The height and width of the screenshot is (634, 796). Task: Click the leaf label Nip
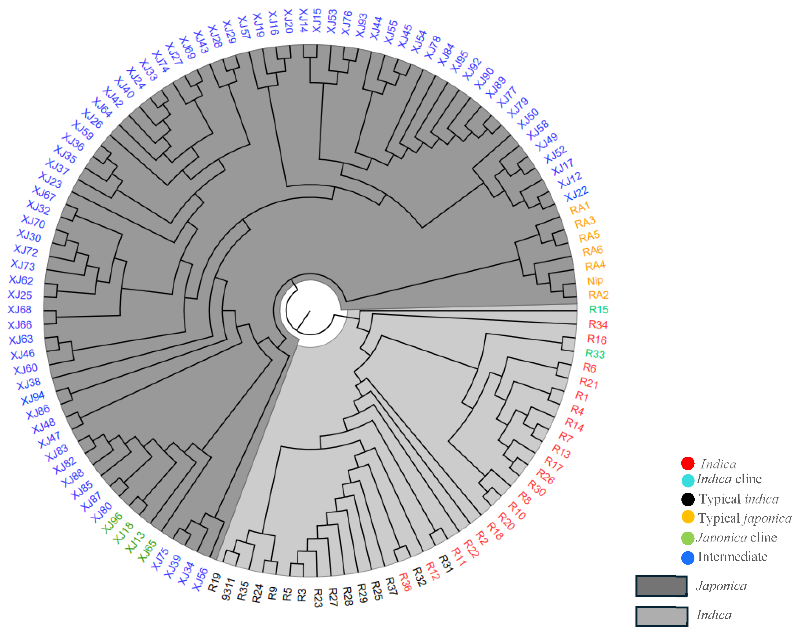click(595, 281)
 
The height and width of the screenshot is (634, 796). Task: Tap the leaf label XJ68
click(20, 310)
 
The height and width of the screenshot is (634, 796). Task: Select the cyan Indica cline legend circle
click(687, 480)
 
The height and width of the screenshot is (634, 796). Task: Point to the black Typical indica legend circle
click(687, 499)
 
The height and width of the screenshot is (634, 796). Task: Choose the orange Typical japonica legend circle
click(687, 517)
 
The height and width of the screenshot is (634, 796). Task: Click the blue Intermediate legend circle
click(687, 558)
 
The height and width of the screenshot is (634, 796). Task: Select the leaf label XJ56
click(200, 579)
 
